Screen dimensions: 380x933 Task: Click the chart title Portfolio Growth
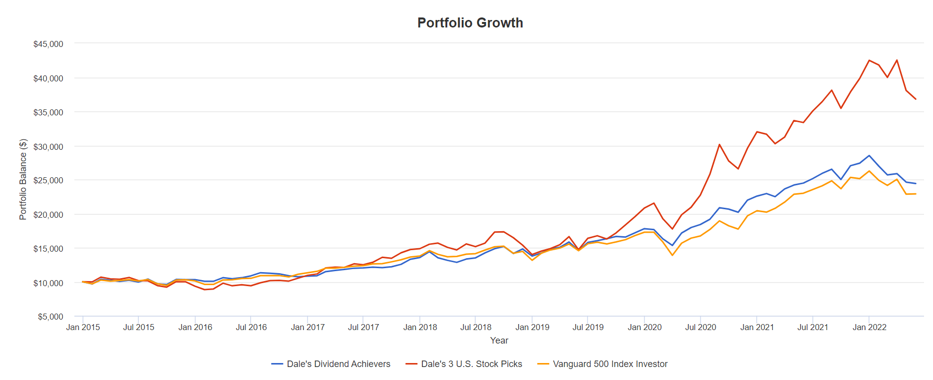(470, 23)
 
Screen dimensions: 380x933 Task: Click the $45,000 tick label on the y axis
(48, 44)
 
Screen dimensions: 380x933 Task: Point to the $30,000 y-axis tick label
(48, 147)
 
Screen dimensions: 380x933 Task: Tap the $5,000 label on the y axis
(50, 317)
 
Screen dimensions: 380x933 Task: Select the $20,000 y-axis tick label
(48, 215)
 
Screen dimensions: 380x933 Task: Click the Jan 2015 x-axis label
(83, 327)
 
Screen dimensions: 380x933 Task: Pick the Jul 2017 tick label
(363, 327)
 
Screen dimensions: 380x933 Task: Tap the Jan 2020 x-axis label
(644, 327)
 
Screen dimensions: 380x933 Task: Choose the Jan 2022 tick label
(869, 327)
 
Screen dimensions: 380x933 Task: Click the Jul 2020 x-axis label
(700, 327)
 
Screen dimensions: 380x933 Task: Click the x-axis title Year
(499, 340)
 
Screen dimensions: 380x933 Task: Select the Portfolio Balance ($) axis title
(23, 179)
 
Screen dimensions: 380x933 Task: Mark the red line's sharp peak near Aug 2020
(719, 144)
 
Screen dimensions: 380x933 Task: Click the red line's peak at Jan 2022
(869, 60)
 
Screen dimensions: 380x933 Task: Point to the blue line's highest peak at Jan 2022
(869, 155)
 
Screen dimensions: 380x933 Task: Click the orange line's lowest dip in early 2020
(672, 255)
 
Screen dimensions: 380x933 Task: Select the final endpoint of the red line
(916, 99)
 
